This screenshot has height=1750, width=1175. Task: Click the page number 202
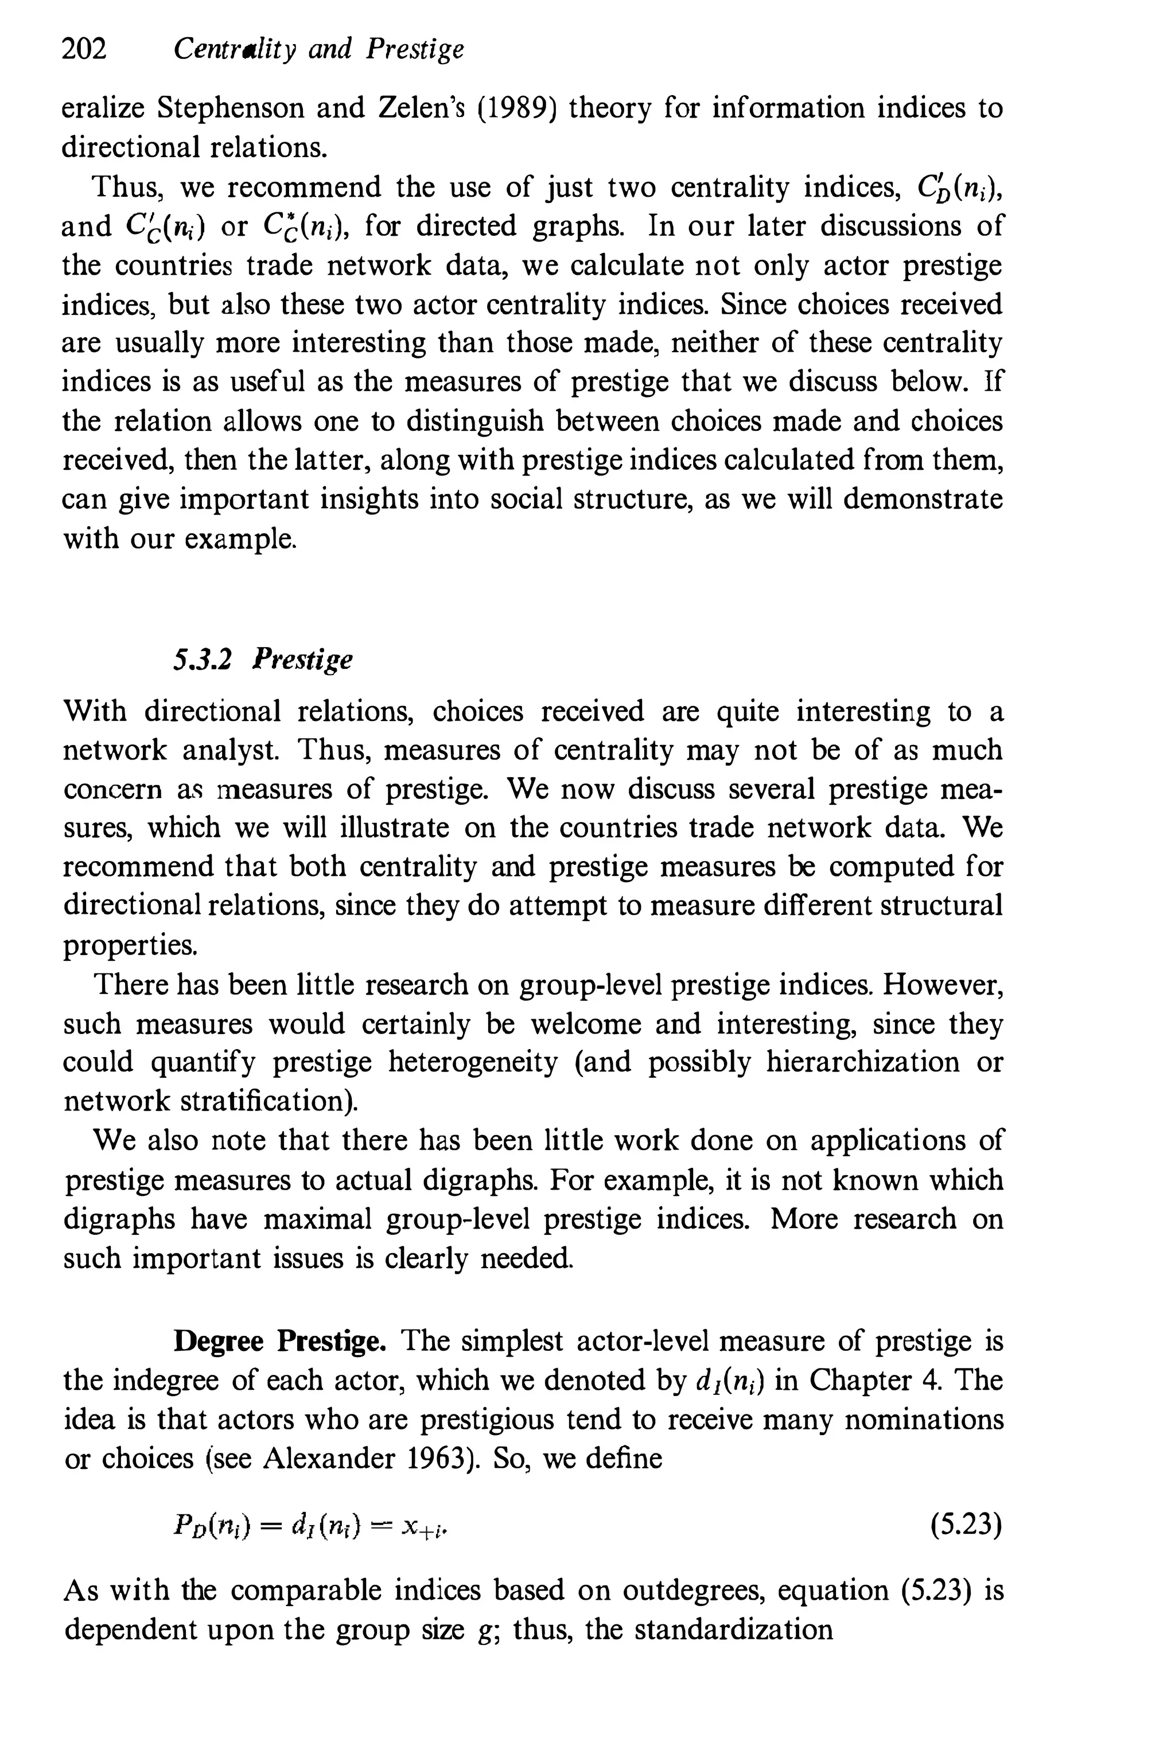pyautogui.click(x=84, y=49)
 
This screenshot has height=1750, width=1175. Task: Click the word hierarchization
pyautogui.click(x=862, y=1062)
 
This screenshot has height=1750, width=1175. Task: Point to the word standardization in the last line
pyautogui.click(x=734, y=1630)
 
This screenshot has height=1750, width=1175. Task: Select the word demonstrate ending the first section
pyautogui.click(x=923, y=499)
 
